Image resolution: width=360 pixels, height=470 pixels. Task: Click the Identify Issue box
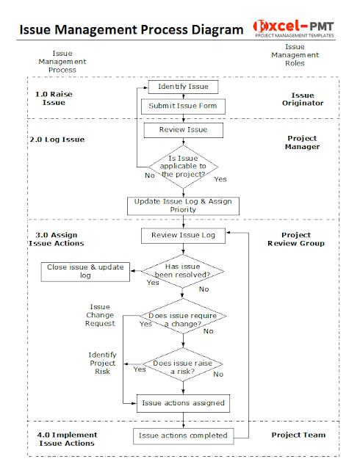[183, 87]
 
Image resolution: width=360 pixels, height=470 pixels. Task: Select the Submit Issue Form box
[183, 106]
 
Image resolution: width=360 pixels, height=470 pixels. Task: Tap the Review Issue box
[183, 130]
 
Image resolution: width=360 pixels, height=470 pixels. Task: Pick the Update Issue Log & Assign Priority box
[183, 205]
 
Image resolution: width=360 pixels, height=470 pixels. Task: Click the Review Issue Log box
[183, 235]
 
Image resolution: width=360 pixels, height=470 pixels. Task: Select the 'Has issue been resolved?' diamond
[183, 272]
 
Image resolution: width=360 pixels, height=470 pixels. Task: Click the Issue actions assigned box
[183, 403]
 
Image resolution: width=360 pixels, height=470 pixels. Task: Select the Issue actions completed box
[183, 435]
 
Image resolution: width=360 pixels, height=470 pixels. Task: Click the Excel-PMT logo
[294, 28]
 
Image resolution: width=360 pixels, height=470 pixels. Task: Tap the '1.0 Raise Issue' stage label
[54, 98]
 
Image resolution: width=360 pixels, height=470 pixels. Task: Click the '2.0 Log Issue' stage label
[60, 140]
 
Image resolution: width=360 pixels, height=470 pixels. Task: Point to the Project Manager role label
[302, 142]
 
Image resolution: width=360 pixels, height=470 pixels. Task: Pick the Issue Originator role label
[302, 99]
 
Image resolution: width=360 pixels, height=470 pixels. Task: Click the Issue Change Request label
[100, 315]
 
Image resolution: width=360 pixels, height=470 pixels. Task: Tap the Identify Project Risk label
[102, 363]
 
